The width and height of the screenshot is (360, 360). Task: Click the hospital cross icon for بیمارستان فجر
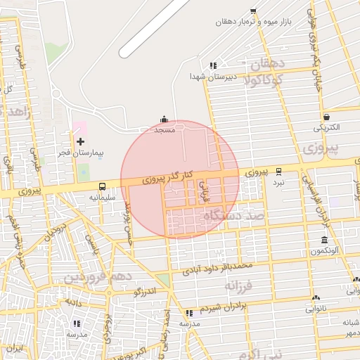pos(80,141)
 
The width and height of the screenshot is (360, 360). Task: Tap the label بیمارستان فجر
pos(79,153)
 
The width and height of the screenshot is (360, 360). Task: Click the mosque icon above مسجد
pos(165,120)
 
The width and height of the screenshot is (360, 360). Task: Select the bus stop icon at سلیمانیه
pos(103,187)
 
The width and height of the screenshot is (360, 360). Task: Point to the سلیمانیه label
pos(101,198)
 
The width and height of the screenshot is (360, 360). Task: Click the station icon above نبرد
pos(279,171)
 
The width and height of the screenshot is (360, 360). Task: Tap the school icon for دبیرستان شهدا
pos(214,65)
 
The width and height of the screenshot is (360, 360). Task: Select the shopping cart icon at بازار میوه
pos(252,11)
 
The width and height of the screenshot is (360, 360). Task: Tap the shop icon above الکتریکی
pos(326,117)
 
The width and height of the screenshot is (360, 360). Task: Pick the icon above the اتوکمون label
pos(325,240)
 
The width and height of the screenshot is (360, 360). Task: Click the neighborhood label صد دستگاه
pos(228,216)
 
